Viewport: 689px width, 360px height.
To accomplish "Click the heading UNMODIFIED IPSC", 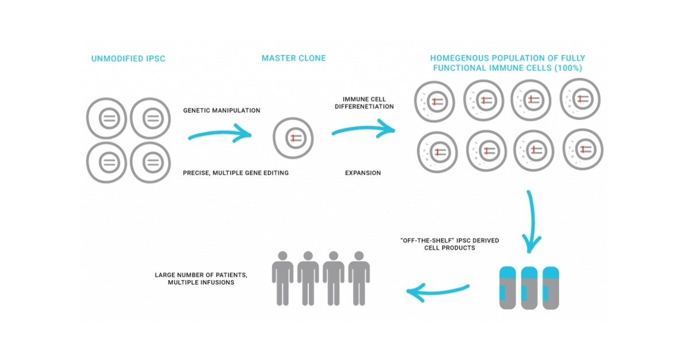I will click(128, 59).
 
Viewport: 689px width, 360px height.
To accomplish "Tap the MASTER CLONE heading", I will click(293, 58).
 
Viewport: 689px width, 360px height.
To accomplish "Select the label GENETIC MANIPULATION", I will click(221, 110).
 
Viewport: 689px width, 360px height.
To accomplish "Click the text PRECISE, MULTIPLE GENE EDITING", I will click(235, 173).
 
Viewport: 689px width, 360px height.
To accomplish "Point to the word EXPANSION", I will click(362, 173).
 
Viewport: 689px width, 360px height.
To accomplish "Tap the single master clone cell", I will click(293, 138).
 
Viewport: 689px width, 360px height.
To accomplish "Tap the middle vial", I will click(529, 288).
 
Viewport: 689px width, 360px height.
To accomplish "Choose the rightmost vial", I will click(551, 288).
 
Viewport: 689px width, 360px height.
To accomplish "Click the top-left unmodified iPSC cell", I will click(108, 119).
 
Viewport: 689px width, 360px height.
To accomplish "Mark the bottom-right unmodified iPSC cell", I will click(151, 162).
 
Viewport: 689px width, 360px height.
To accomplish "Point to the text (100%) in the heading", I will click(570, 68).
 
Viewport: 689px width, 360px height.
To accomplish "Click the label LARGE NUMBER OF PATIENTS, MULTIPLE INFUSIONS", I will click(201, 278).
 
